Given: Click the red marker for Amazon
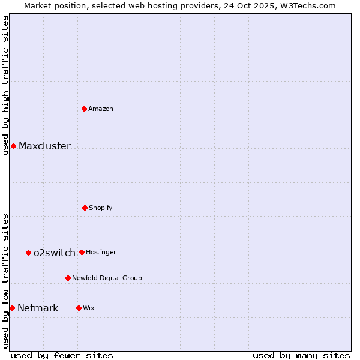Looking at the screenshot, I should pyautogui.click(x=85, y=109).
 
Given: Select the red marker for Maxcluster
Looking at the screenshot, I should pyautogui.click(x=13, y=146).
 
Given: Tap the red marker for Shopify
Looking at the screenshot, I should pyautogui.click(x=85, y=208).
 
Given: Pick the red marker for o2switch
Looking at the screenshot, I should pyautogui.click(x=28, y=253).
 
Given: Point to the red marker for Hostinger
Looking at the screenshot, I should pyautogui.click(x=82, y=252).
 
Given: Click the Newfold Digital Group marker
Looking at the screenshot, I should pyautogui.click(x=68, y=278).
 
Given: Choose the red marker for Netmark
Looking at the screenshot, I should pyautogui.click(x=12, y=308).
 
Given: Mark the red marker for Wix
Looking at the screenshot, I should pyautogui.click(x=79, y=308).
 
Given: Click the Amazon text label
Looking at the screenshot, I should pyautogui.click(x=101, y=109).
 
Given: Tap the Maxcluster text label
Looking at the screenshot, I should pyautogui.click(x=44, y=146).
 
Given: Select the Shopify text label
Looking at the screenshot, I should pyautogui.click(x=101, y=208).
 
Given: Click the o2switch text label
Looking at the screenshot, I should pyautogui.click(x=55, y=253).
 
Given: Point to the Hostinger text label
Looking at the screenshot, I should pyautogui.click(x=101, y=253).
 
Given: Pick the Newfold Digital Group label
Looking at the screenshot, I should pyautogui.click(x=107, y=278).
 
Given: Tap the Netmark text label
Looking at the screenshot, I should pyautogui.click(x=38, y=308).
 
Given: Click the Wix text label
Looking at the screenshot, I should pyautogui.click(x=89, y=308).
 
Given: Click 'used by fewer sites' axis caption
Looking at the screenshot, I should pyautogui.click(x=62, y=355).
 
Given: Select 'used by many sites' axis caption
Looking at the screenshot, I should pyautogui.click(x=301, y=355).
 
